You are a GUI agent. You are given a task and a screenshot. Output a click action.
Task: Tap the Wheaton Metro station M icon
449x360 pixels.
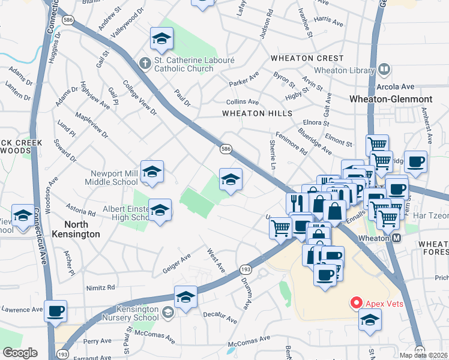pos(397,238)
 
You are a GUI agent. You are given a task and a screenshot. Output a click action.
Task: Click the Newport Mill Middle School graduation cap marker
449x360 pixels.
pos(152,172)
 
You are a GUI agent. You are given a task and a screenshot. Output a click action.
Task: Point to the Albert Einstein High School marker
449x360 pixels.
pos(160,211)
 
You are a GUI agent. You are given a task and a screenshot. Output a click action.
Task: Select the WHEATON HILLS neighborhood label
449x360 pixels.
pos(257,113)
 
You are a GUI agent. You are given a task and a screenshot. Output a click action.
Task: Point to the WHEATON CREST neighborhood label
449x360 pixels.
pos(307,58)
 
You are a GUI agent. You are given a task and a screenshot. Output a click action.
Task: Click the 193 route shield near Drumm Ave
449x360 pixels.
pos(245,271)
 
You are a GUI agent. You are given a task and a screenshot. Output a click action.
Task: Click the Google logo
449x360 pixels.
pos(20,353)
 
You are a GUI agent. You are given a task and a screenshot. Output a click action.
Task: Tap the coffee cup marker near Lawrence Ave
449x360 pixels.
pos(56,311)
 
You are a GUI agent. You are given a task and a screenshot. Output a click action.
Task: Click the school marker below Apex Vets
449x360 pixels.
pos(370,321)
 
